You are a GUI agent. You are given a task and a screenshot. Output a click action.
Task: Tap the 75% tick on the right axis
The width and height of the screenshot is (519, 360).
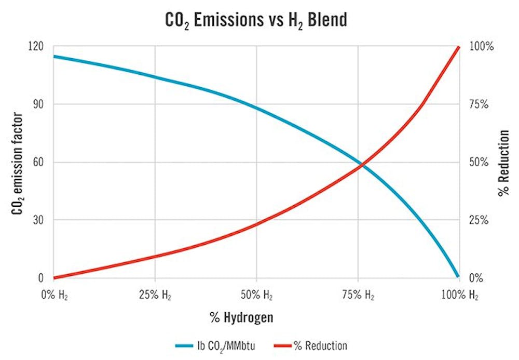pyautogui.click(x=478, y=104)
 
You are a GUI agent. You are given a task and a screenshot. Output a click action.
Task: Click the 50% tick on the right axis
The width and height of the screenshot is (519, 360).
pyautogui.click(x=478, y=162)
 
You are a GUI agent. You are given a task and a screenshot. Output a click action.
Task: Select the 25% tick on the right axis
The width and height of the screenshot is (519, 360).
pyautogui.click(x=478, y=220)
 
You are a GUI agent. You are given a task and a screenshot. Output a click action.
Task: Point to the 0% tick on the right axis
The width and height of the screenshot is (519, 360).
pyautogui.click(x=476, y=278)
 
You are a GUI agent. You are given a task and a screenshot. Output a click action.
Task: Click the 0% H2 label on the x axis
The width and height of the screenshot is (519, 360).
pyautogui.click(x=54, y=296)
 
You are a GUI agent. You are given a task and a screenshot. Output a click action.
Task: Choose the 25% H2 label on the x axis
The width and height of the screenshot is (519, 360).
pyautogui.click(x=156, y=296)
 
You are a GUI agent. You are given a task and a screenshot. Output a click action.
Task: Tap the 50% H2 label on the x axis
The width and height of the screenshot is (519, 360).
pyautogui.click(x=257, y=296)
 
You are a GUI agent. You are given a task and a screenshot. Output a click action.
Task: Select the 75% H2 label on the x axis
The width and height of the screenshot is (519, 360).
pyautogui.click(x=359, y=296)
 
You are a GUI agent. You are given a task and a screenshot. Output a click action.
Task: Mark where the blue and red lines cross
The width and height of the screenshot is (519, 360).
pyautogui.click(x=362, y=165)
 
